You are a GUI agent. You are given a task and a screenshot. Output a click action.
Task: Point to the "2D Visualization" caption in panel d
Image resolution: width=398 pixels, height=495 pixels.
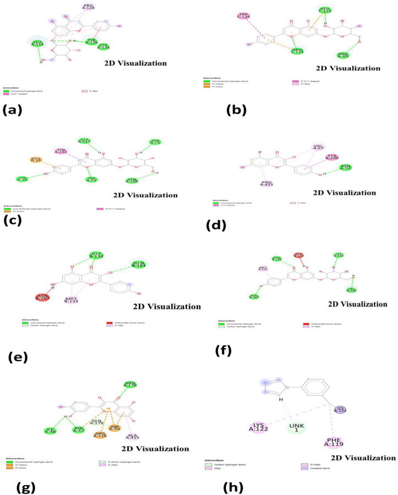coord(345,193)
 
